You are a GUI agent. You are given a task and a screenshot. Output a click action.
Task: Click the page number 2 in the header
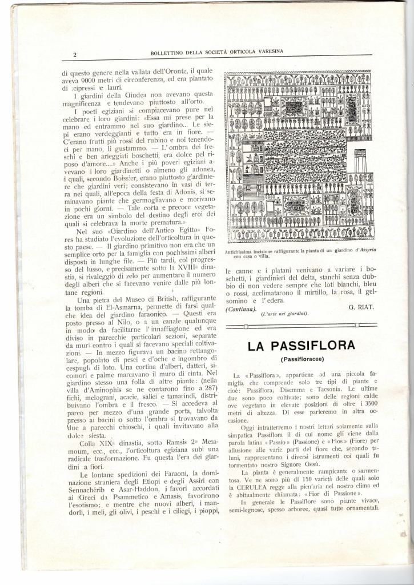[75, 55]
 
